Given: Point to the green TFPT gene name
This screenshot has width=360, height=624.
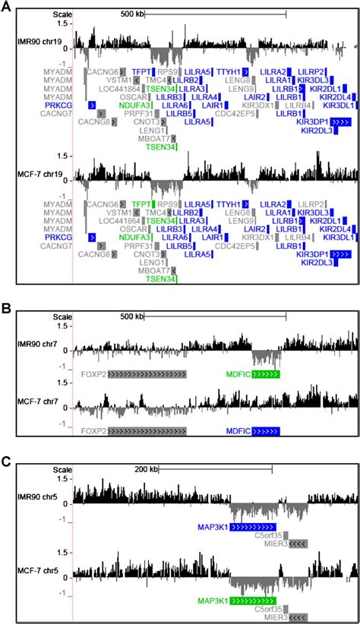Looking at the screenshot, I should click(141, 205).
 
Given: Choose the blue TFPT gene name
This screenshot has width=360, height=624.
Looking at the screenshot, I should click(142, 71).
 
